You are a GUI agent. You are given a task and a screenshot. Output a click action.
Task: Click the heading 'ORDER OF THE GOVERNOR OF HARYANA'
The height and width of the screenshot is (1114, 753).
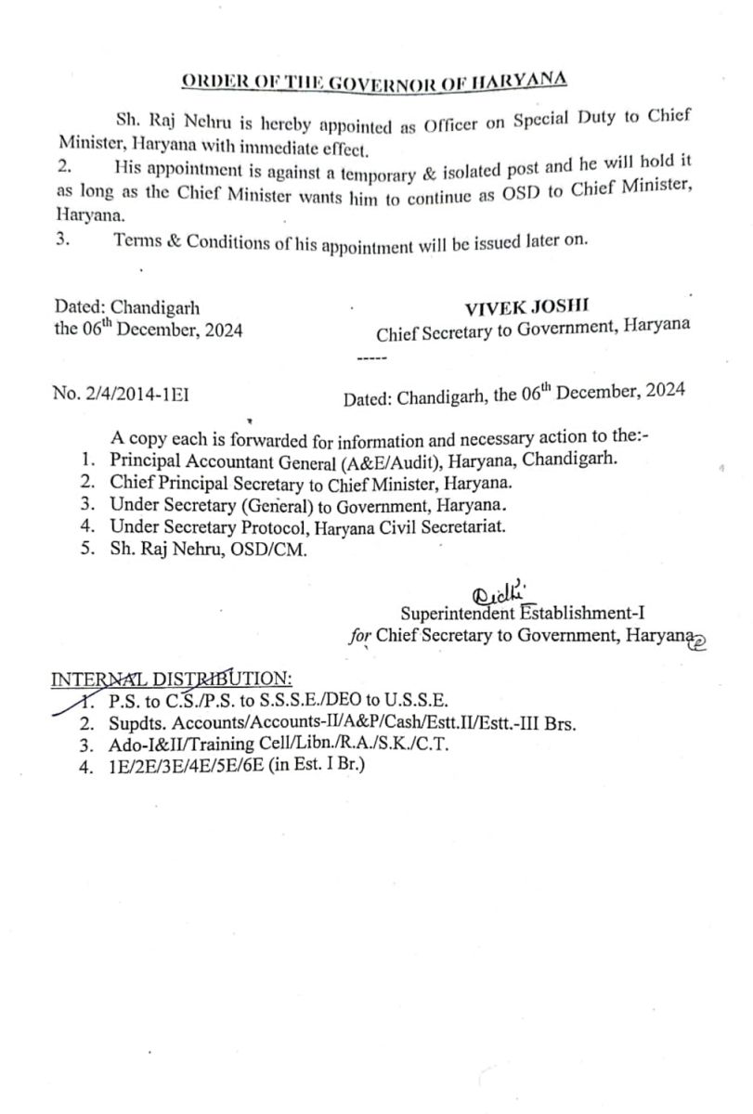coord(373,79)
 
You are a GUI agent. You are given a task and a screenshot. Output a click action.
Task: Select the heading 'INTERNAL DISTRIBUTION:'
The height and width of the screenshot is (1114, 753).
coord(172,679)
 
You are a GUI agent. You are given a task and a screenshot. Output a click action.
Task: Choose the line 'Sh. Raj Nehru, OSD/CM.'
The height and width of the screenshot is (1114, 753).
coord(204,550)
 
